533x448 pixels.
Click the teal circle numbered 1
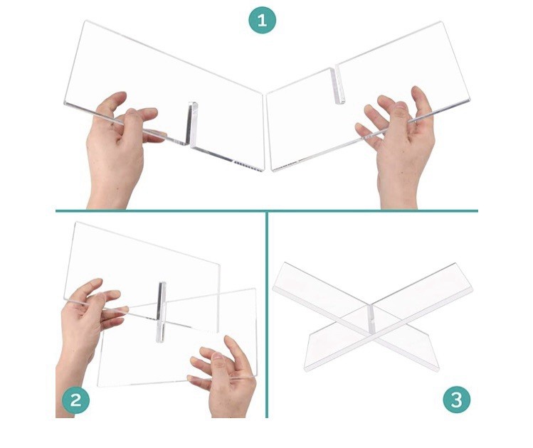[x=262, y=20]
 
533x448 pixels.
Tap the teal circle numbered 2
[x=76, y=400]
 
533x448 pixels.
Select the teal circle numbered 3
[x=457, y=400]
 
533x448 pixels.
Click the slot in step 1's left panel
[x=192, y=123]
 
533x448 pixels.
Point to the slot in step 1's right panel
[x=338, y=85]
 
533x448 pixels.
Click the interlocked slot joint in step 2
[x=161, y=311]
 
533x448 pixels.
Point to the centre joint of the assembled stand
[x=371, y=318]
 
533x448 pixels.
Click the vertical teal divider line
[x=267, y=314]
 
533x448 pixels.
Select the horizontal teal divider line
[x=267, y=211]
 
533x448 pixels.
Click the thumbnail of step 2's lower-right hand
[x=216, y=356]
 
